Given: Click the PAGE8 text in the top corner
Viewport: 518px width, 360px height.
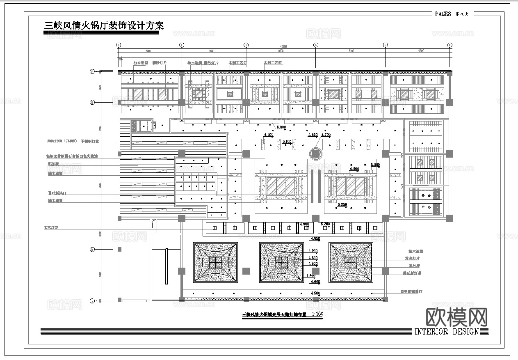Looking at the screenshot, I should tap(443, 14).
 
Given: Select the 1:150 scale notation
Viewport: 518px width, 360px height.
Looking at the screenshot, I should tap(318, 314).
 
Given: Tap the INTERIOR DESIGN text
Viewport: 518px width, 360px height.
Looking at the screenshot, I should tap(447, 331).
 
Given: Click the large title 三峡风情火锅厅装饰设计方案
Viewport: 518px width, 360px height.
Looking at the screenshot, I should tap(104, 26).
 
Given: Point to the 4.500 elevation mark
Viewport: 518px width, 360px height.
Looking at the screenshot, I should tap(315, 293).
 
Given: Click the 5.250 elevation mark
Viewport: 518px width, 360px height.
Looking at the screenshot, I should tap(342, 204).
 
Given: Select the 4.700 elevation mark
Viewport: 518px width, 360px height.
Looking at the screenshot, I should tap(326, 135).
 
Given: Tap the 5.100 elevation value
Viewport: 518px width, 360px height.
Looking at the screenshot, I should tap(287, 141).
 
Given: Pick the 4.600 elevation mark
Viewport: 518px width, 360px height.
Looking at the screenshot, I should tap(315, 282).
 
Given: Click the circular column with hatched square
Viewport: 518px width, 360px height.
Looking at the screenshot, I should tap(315, 154).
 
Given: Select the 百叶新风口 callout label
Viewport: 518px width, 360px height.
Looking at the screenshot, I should tap(57, 193).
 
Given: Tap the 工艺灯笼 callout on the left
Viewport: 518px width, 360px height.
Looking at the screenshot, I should tap(51, 227).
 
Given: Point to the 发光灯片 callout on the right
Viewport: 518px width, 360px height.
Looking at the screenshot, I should tap(412, 259).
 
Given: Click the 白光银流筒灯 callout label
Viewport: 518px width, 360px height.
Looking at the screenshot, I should tap(411, 291).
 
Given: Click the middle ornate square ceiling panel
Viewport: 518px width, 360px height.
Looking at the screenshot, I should tap(281, 262).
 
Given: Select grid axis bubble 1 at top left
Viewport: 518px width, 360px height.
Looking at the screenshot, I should tap(118, 45).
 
